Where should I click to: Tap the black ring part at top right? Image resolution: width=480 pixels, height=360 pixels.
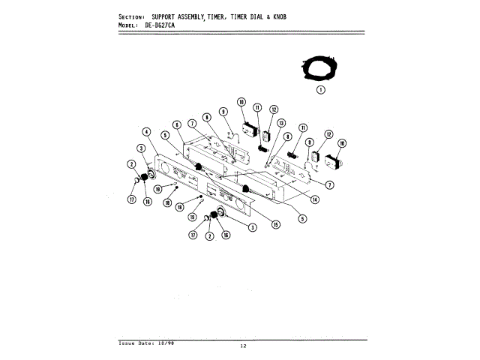[321, 68]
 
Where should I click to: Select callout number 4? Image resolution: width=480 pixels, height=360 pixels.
[147, 133]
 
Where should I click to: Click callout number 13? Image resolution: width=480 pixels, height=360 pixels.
[281, 123]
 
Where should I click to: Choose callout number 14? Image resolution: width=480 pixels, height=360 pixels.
[315, 199]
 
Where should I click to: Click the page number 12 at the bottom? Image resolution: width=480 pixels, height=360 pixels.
[243, 346]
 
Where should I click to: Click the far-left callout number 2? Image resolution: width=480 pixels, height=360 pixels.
[130, 164]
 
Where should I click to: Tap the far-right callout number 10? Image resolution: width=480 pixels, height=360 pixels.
[342, 143]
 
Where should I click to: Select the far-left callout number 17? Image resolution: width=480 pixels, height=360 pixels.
[132, 199]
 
